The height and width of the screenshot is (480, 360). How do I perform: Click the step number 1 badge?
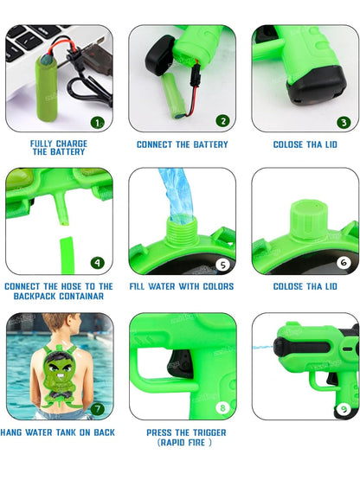pyautogui.click(x=98, y=123)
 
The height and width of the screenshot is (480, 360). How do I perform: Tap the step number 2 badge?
pyautogui.click(x=222, y=121)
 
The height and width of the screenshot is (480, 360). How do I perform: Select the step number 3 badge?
pyautogui.click(x=344, y=123)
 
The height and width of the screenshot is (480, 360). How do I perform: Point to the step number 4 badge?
pyautogui.click(x=98, y=263)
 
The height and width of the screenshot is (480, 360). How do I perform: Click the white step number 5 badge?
pyautogui.click(x=222, y=266)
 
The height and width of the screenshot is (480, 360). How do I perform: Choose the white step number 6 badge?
pyautogui.click(x=344, y=263)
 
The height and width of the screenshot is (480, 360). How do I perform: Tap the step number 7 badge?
pyautogui.click(x=98, y=409)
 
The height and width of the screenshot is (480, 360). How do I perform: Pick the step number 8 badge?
pyautogui.click(x=222, y=407)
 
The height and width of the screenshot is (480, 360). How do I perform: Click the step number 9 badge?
pyautogui.click(x=344, y=409)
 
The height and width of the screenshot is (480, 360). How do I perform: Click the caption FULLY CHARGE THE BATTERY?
pyautogui.click(x=59, y=148)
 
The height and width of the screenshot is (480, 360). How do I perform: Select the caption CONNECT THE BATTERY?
pyautogui.click(x=183, y=144)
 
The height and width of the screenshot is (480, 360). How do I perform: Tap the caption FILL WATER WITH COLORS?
pyautogui.click(x=182, y=286)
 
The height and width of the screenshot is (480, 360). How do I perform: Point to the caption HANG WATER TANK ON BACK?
pyautogui.click(x=58, y=432)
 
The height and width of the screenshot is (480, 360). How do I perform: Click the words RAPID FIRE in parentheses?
pyautogui.click(x=184, y=442)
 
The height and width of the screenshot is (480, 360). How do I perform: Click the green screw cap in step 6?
pyautogui.click(x=308, y=219)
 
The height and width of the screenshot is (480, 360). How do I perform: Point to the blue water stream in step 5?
pyautogui.click(x=177, y=196)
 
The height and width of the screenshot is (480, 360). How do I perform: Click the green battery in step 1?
pyautogui.click(x=46, y=88)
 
